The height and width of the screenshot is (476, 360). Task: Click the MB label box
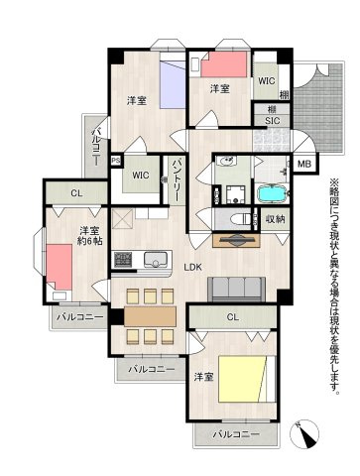coord(302,165)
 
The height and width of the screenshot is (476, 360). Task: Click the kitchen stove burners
coord(125,261)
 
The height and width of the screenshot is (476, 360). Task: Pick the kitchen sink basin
coord(159,260)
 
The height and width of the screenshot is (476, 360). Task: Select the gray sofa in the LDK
coord(234,289)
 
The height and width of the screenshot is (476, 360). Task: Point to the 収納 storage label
coord(275,219)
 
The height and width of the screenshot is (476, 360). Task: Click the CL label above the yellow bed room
coord(232,318)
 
